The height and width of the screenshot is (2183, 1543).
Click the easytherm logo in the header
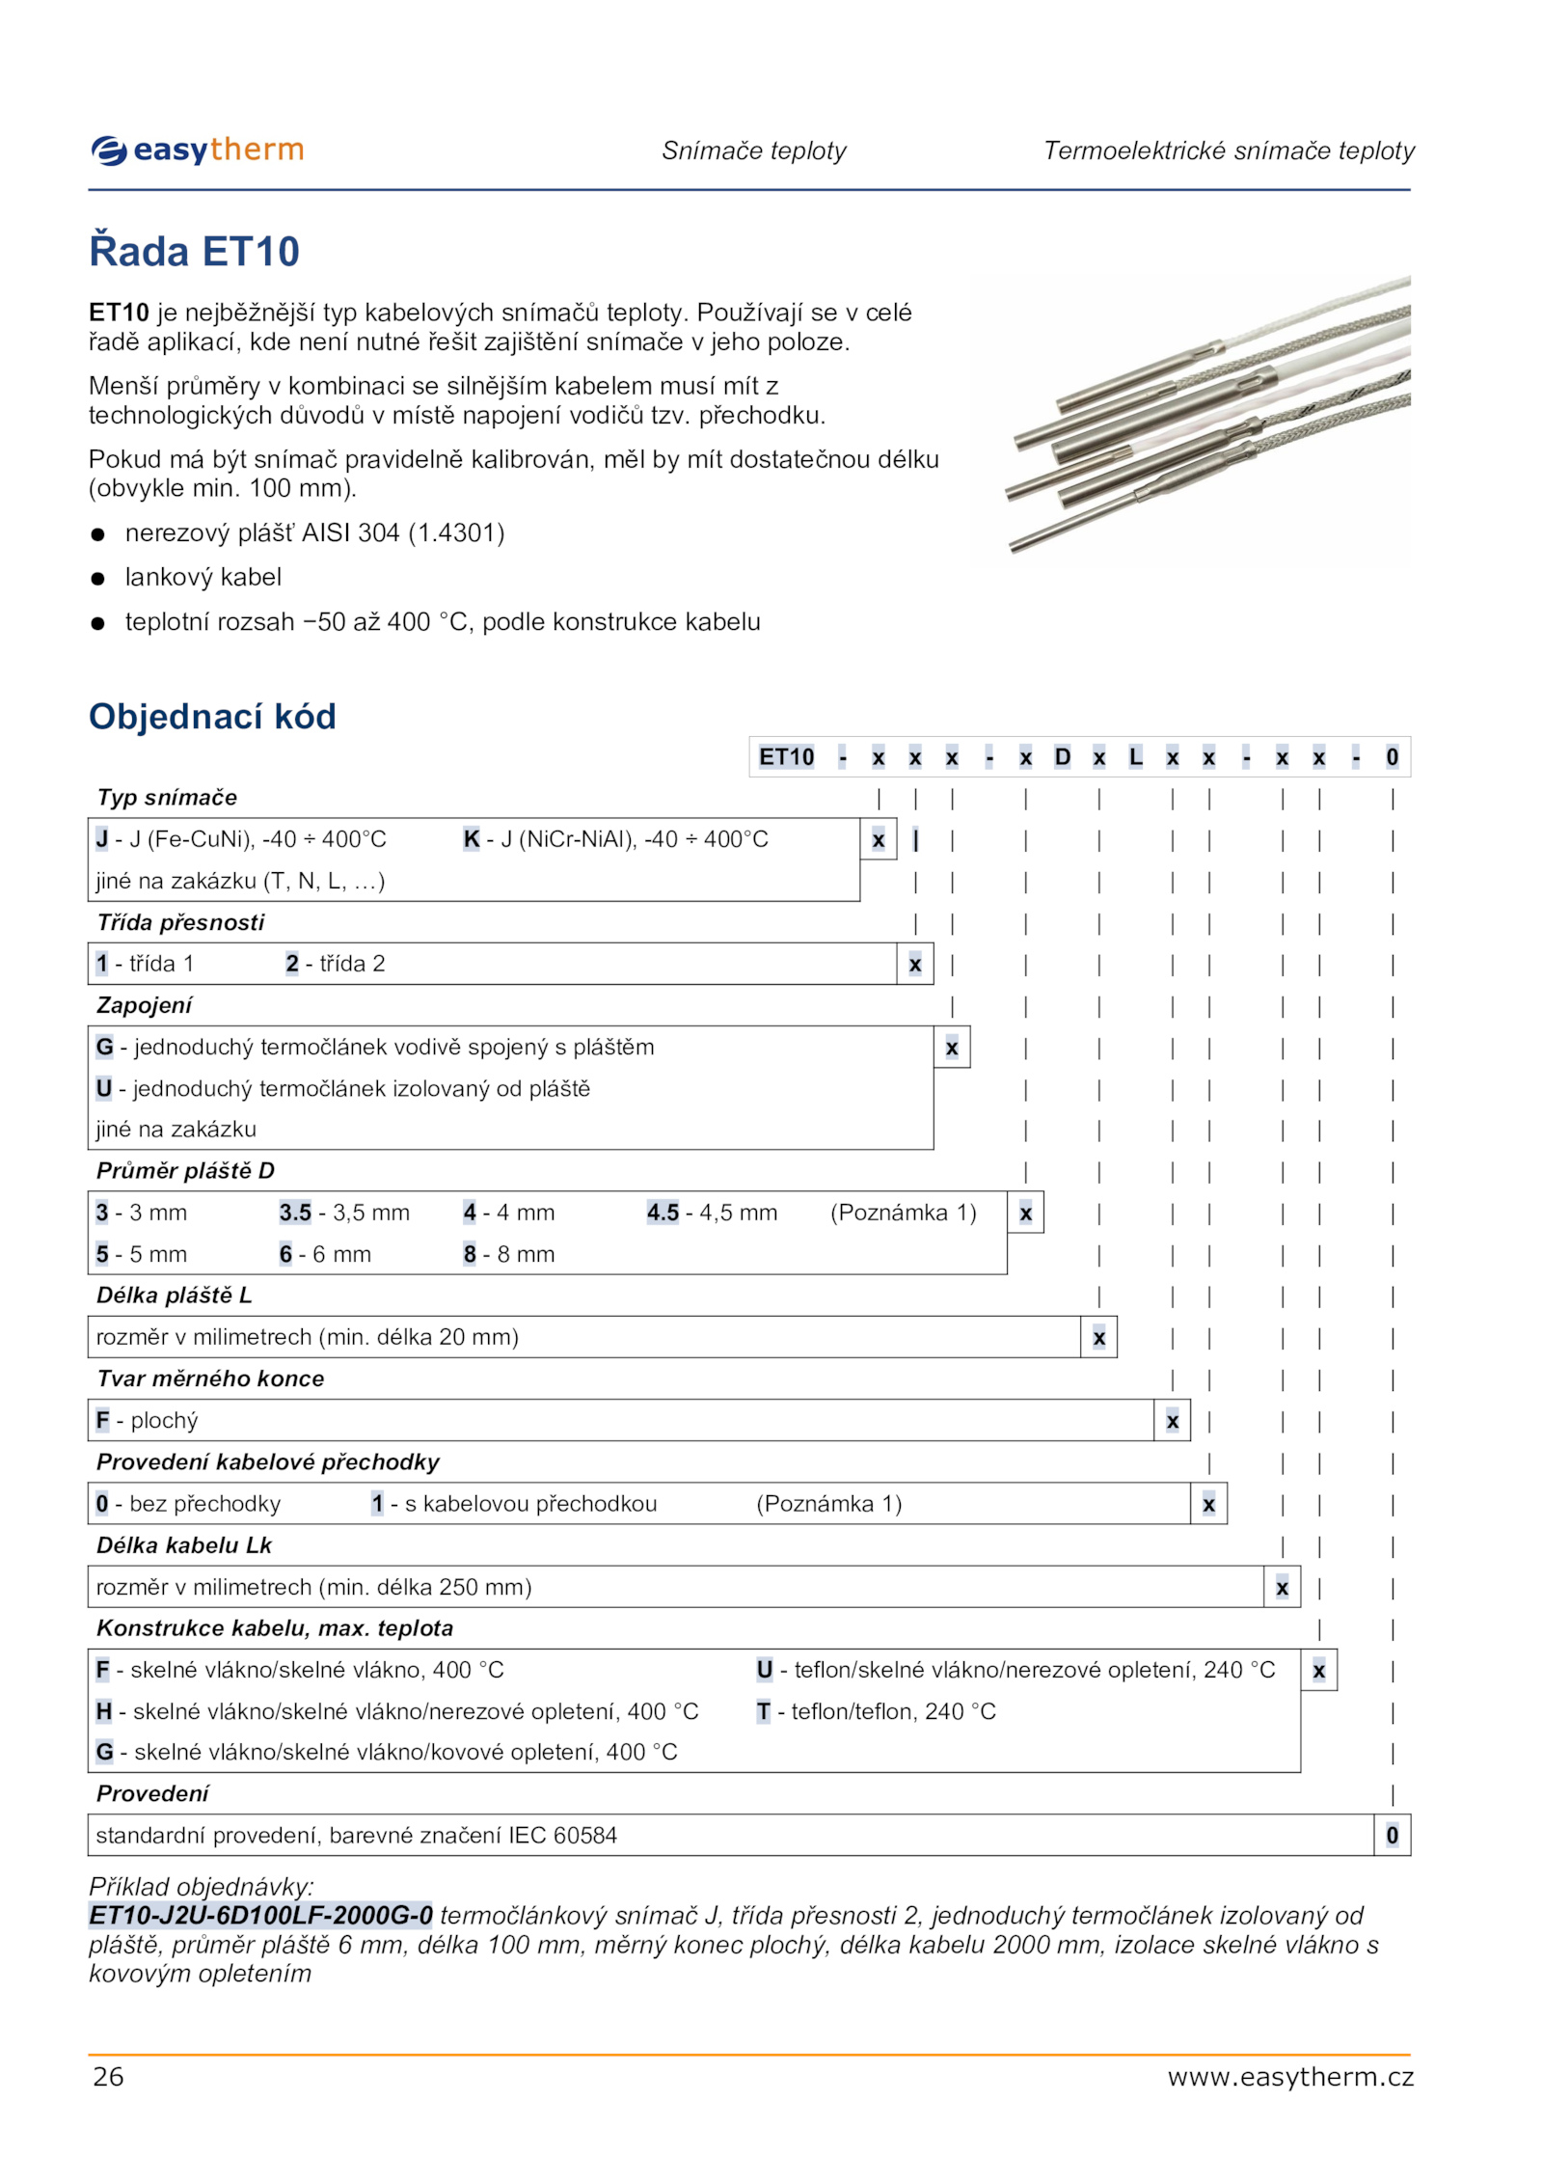198,150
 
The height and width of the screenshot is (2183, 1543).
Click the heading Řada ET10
194,252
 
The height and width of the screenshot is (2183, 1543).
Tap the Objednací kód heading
212,717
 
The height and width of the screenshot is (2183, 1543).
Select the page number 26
108,2076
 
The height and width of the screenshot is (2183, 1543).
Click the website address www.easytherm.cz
1289,2076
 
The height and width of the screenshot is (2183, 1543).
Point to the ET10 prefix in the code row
786,757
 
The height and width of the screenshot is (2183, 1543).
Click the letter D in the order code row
1062,757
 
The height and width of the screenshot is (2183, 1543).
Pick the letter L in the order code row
1135,757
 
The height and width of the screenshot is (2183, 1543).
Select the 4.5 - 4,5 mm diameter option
712,1213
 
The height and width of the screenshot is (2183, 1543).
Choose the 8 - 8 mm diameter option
508,1254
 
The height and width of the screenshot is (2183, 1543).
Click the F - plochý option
147,1420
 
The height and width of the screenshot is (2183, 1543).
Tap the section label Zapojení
144,1005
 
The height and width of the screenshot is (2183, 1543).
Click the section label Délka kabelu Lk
183,1545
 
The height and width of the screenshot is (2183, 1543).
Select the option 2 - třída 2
335,964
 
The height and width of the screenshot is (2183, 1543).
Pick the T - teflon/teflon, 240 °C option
876,1711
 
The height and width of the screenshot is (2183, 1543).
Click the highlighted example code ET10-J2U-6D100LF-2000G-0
260,1915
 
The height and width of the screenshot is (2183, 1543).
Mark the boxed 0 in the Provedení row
1392,1835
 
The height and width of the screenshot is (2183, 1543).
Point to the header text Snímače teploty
753,150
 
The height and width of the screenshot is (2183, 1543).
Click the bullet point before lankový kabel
97,579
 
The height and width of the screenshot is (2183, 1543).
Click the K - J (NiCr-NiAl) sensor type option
615,839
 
